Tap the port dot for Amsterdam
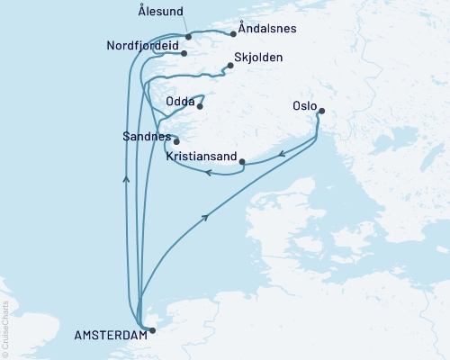coord(151,330)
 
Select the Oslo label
coord(305,105)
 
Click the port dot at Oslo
coord(322,112)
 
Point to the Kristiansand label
coord(202,157)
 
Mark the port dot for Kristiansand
coord(243,162)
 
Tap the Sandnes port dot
coord(176,141)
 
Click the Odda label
coord(181,103)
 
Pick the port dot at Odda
coord(200,107)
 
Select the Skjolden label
coord(258,58)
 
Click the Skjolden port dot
coord(230,65)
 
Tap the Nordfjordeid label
coord(139,47)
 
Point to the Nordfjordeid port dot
coord(184,53)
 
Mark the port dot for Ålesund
coord(187,37)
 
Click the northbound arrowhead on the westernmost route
coord(125,180)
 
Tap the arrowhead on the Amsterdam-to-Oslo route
coord(209,217)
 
